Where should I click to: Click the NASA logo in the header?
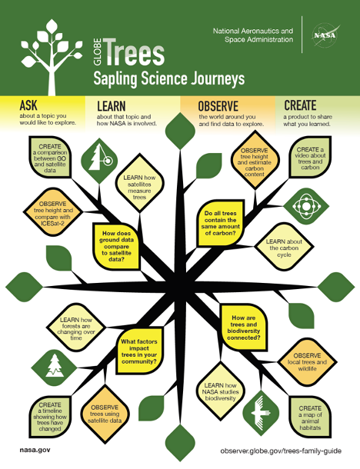[325, 35]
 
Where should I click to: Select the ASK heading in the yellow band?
[28, 105]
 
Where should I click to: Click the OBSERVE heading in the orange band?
[218, 106]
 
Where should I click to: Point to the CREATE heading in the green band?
[300, 105]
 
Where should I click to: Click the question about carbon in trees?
[221, 223]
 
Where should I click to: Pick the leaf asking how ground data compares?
[116, 246]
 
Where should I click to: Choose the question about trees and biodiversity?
[244, 328]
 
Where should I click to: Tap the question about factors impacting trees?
[139, 351]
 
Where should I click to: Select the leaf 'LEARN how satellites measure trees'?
[139, 188]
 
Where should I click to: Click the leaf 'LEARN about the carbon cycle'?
[284, 248]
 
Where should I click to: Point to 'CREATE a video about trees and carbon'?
[310, 158]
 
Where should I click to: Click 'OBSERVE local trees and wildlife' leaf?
[308, 362]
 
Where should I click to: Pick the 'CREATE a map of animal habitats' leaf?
[310, 417]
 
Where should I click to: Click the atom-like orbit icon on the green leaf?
[306, 206]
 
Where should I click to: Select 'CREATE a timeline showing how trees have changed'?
[50, 417]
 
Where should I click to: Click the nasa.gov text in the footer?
[35, 450]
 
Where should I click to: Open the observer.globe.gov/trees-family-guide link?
[281, 451]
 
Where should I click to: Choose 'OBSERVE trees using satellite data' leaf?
[105, 414]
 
